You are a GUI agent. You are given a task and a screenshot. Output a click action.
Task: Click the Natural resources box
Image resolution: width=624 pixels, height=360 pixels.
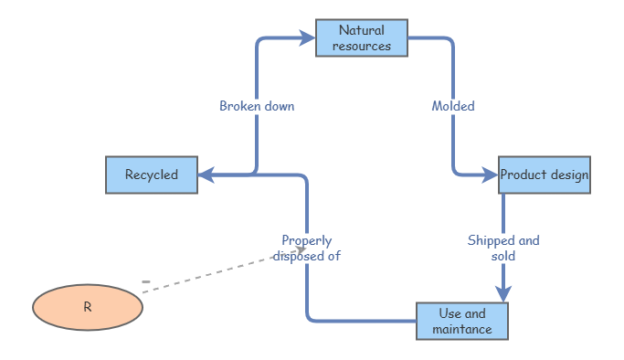(362, 38)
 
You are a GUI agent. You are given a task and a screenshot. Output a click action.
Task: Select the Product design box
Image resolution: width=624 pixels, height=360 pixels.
(545, 175)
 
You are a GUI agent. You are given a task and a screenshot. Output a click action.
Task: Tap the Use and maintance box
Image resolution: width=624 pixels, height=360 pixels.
(461, 322)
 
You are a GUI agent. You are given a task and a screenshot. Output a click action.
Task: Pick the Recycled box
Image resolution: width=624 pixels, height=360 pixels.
(152, 175)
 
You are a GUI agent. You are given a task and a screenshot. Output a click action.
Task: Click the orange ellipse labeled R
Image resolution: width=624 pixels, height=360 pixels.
(88, 307)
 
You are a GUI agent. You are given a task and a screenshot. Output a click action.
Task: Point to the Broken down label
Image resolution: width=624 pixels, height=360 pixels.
(257, 106)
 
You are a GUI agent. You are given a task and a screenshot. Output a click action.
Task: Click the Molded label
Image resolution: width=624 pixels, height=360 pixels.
(453, 106)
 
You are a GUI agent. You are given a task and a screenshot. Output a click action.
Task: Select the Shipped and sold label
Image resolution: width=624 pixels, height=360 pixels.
(503, 249)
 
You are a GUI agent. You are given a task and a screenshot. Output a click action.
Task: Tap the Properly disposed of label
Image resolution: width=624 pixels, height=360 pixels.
(306, 249)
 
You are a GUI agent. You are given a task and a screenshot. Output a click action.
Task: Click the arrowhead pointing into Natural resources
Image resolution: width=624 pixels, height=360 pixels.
(307, 38)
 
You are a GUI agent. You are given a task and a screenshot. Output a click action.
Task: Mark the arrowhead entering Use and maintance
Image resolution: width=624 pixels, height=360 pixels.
(503, 293)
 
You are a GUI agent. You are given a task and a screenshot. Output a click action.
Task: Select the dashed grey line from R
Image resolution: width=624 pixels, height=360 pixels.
(210, 273)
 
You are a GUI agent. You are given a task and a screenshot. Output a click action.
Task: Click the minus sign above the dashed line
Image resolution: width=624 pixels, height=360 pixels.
(145, 281)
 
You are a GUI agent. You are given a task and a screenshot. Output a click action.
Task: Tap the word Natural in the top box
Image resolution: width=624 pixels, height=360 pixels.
(362, 31)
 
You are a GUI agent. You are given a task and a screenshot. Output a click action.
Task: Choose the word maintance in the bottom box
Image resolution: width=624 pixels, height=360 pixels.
(462, 329)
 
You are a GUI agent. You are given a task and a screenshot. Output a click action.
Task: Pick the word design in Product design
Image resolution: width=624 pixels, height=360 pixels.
(569, 175)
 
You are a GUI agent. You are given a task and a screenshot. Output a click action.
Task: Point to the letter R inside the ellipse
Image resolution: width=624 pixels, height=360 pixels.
(88, 307)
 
